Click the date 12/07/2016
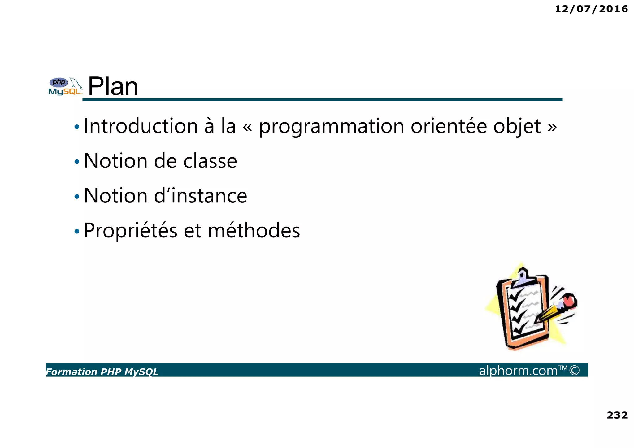[x=591, y=9]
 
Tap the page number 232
[x=617, y=415]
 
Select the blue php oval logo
[x=59, y=82]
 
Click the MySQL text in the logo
[x=64, y=92]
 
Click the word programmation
[x=331, y=127]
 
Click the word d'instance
[x=200, y=196]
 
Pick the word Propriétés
[x=130, y=231]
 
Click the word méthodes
[x=254, y=231]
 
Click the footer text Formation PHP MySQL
[x=102, y=372]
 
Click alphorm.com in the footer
[x=518, y=371]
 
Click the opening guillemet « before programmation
[x=247, y=127]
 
